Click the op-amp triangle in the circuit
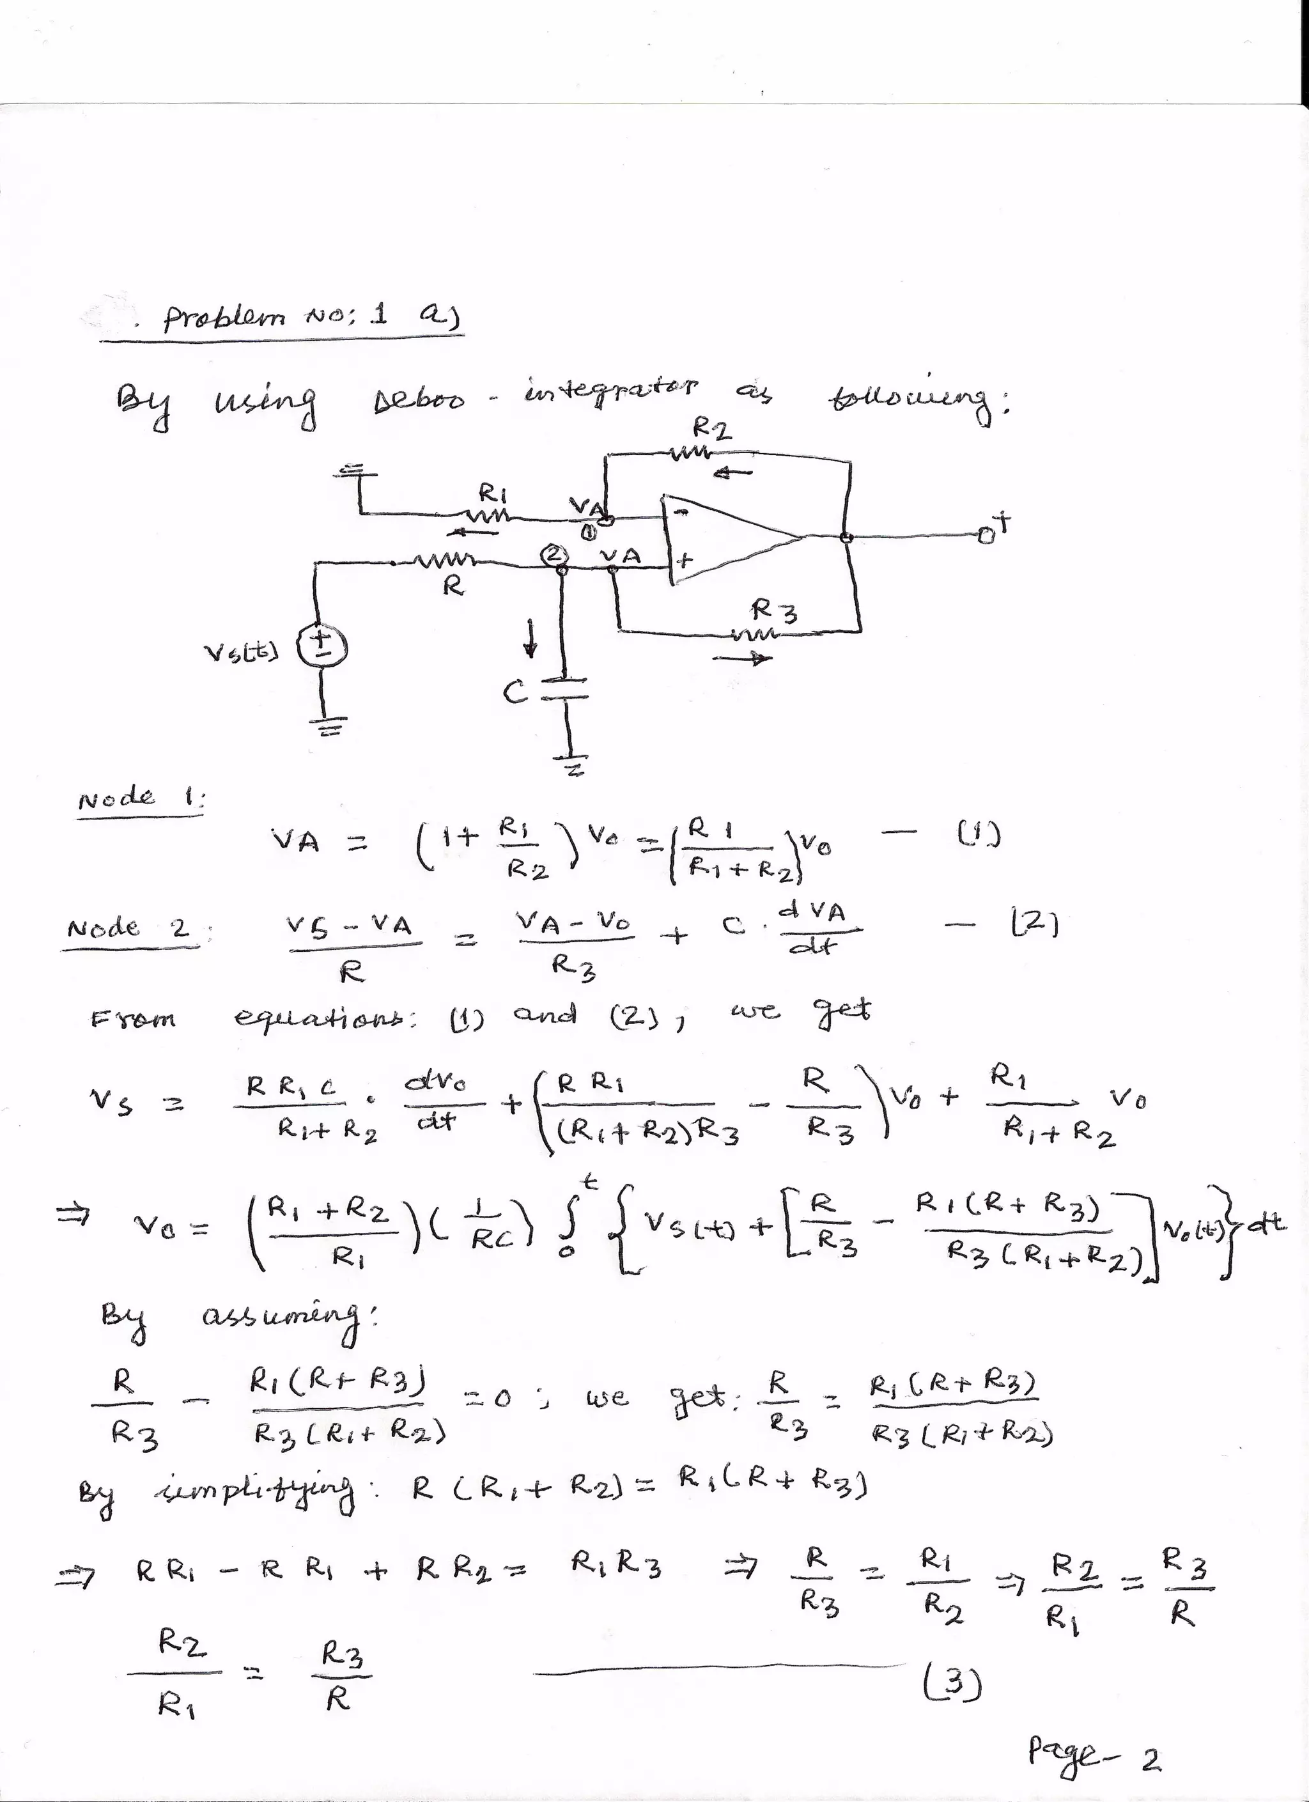point(727,541)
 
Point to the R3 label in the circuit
point(775,612)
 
